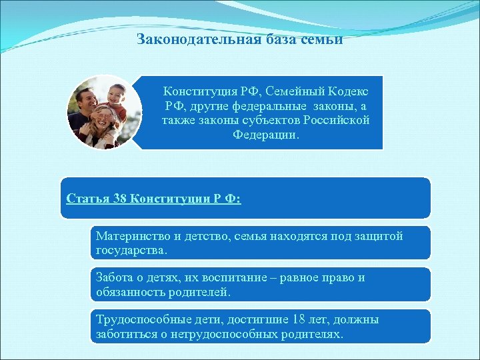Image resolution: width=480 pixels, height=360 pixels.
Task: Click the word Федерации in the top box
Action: (265, 135)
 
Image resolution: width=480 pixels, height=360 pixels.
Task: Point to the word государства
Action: (130, 251)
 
